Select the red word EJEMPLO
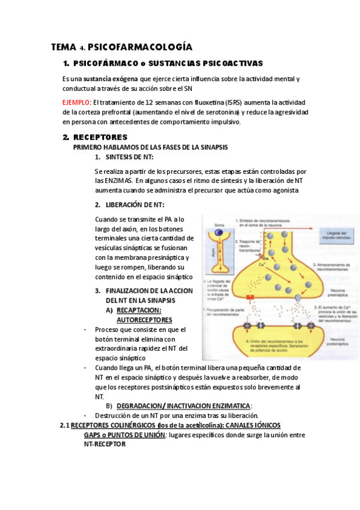click(x=76, y=102)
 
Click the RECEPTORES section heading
click(x=100, y=138)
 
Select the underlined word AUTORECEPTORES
click(x=144, y=320)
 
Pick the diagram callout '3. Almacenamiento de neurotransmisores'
click(x=334, y=265)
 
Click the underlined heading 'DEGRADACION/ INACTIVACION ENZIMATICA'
click(x=183, y=406)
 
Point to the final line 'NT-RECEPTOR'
click(x=105, y=444)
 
